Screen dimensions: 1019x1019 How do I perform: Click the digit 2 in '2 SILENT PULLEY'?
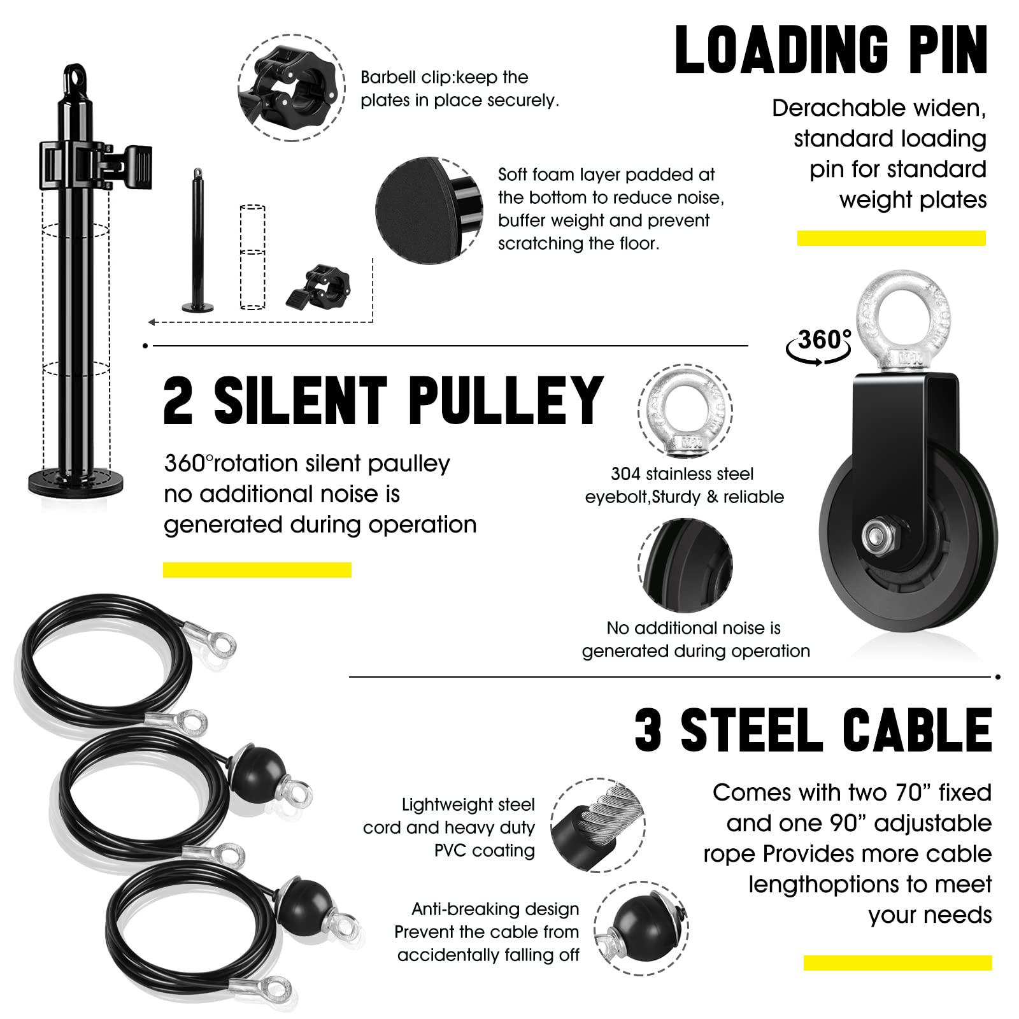pyautogui.click(x=179, y=401)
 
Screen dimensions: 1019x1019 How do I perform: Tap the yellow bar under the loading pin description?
pyautogui.click(x=891, y=238)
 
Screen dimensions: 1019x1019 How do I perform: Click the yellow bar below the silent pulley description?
pyautogui.click(x=257, y=570)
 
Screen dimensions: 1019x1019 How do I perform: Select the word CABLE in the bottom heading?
pyautogui.click(x=917, y=730)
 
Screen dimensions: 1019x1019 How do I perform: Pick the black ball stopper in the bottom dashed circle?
pyautogui.click(x=640, y=928)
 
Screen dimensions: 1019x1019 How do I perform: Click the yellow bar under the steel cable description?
pyautogui.click(x=897, y=963)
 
